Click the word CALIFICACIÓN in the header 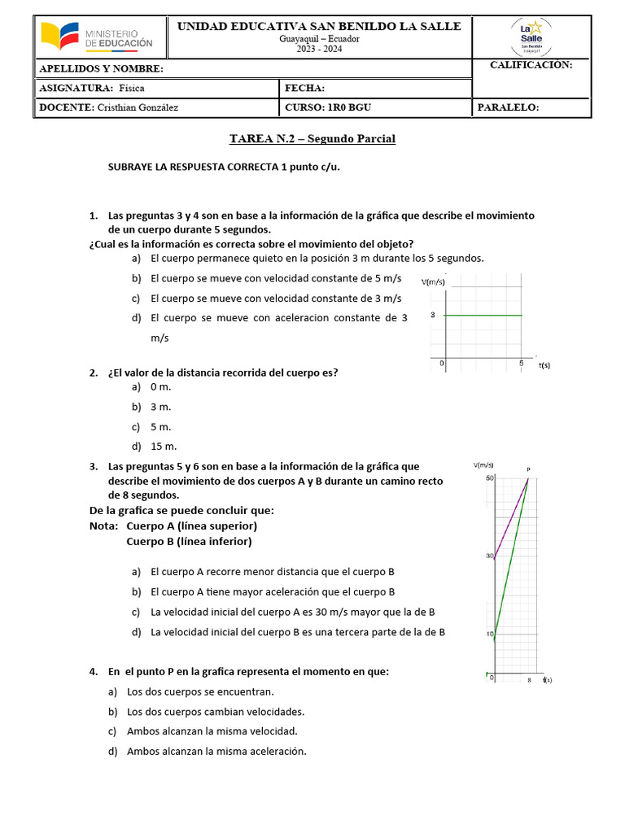[x=531, y=64]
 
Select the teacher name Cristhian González [x=137, y=107]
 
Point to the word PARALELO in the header [x=508, y=107]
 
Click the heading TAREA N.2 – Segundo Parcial [x=312, y=139]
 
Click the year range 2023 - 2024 [x=319, y=49]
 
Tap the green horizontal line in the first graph [x=480, y=315]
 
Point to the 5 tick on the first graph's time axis [x=521, y=364]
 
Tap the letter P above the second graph [x=529, y=469]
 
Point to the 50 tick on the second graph [x=490, y=478]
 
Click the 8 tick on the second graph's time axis [x=529, y=680]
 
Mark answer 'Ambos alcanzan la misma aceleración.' [x=216, y=751]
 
